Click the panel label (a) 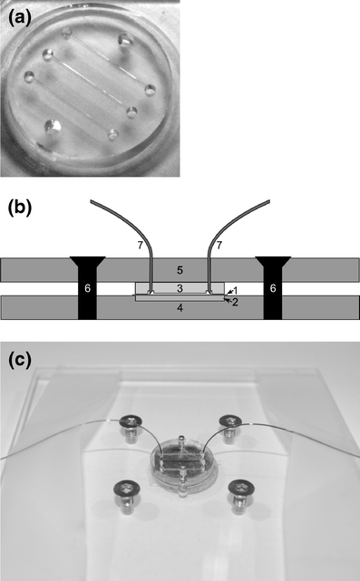pos(19,15)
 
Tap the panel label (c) pos(19,360)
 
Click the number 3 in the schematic pos(180,288)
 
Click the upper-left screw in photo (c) pos(133,423)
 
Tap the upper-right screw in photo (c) pos(231,421)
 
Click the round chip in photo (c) pos(182,468)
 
